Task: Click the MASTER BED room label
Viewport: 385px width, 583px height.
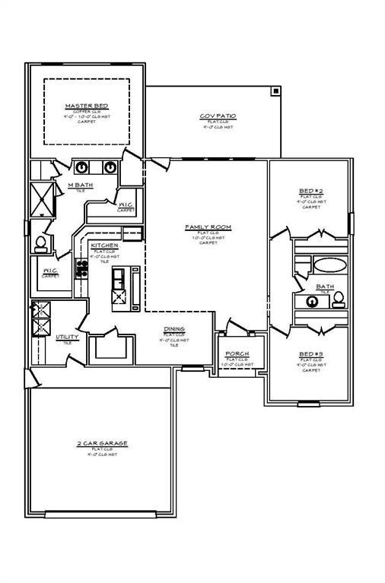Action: (85, 106)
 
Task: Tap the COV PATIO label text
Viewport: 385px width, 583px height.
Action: (218, 116)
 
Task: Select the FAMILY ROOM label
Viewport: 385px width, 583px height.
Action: (208, 227)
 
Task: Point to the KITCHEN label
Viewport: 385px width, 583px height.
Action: (104, 246)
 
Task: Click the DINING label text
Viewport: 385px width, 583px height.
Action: (173, 329)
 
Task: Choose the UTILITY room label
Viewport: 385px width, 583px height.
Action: (67, 337)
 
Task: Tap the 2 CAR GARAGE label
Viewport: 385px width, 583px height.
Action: (102, 442)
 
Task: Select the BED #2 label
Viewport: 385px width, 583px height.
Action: (310, 190)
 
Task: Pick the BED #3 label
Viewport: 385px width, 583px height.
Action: (310, 354)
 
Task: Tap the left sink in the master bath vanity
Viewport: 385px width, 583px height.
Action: (82, 167)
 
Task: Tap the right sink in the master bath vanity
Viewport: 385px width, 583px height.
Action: (110, 167)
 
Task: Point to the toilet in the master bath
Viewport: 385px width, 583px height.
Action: (40, 244)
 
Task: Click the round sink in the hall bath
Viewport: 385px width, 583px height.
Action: (312, 301)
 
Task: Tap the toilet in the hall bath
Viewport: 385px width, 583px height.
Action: (339, 299)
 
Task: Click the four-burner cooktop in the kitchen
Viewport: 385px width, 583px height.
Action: (80, 268)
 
